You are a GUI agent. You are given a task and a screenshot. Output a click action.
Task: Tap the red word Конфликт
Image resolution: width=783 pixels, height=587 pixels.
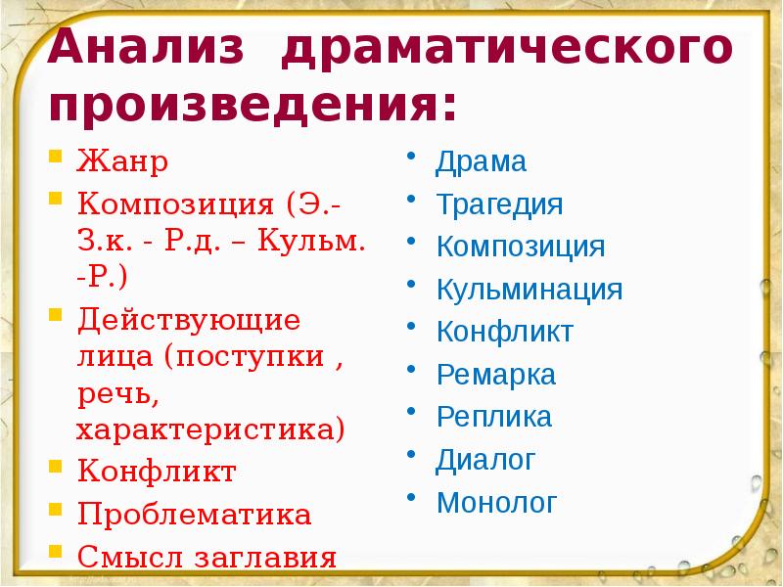156,472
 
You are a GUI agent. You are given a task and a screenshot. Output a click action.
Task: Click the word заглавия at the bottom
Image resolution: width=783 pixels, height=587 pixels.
264,558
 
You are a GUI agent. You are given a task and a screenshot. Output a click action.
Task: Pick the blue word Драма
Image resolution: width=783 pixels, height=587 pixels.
482,162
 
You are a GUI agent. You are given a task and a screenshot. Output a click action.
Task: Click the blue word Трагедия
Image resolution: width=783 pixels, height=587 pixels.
500,205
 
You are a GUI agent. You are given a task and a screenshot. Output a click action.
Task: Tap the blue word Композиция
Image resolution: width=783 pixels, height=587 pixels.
521,247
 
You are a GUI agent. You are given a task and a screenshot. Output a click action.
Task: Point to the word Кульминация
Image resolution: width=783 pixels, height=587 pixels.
530,290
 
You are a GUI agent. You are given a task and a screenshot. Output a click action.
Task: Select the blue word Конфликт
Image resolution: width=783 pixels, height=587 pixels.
505,332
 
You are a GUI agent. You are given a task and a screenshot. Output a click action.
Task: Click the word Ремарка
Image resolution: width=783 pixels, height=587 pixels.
496,375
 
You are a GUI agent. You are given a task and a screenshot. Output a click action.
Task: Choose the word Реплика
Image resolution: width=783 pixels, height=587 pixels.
494,418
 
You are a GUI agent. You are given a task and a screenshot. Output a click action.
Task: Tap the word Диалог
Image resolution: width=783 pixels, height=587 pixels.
486,460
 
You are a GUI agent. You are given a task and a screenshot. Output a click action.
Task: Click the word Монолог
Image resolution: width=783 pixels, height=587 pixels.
497,503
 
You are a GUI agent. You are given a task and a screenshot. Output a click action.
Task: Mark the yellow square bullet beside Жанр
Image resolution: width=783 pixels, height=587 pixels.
57,157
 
